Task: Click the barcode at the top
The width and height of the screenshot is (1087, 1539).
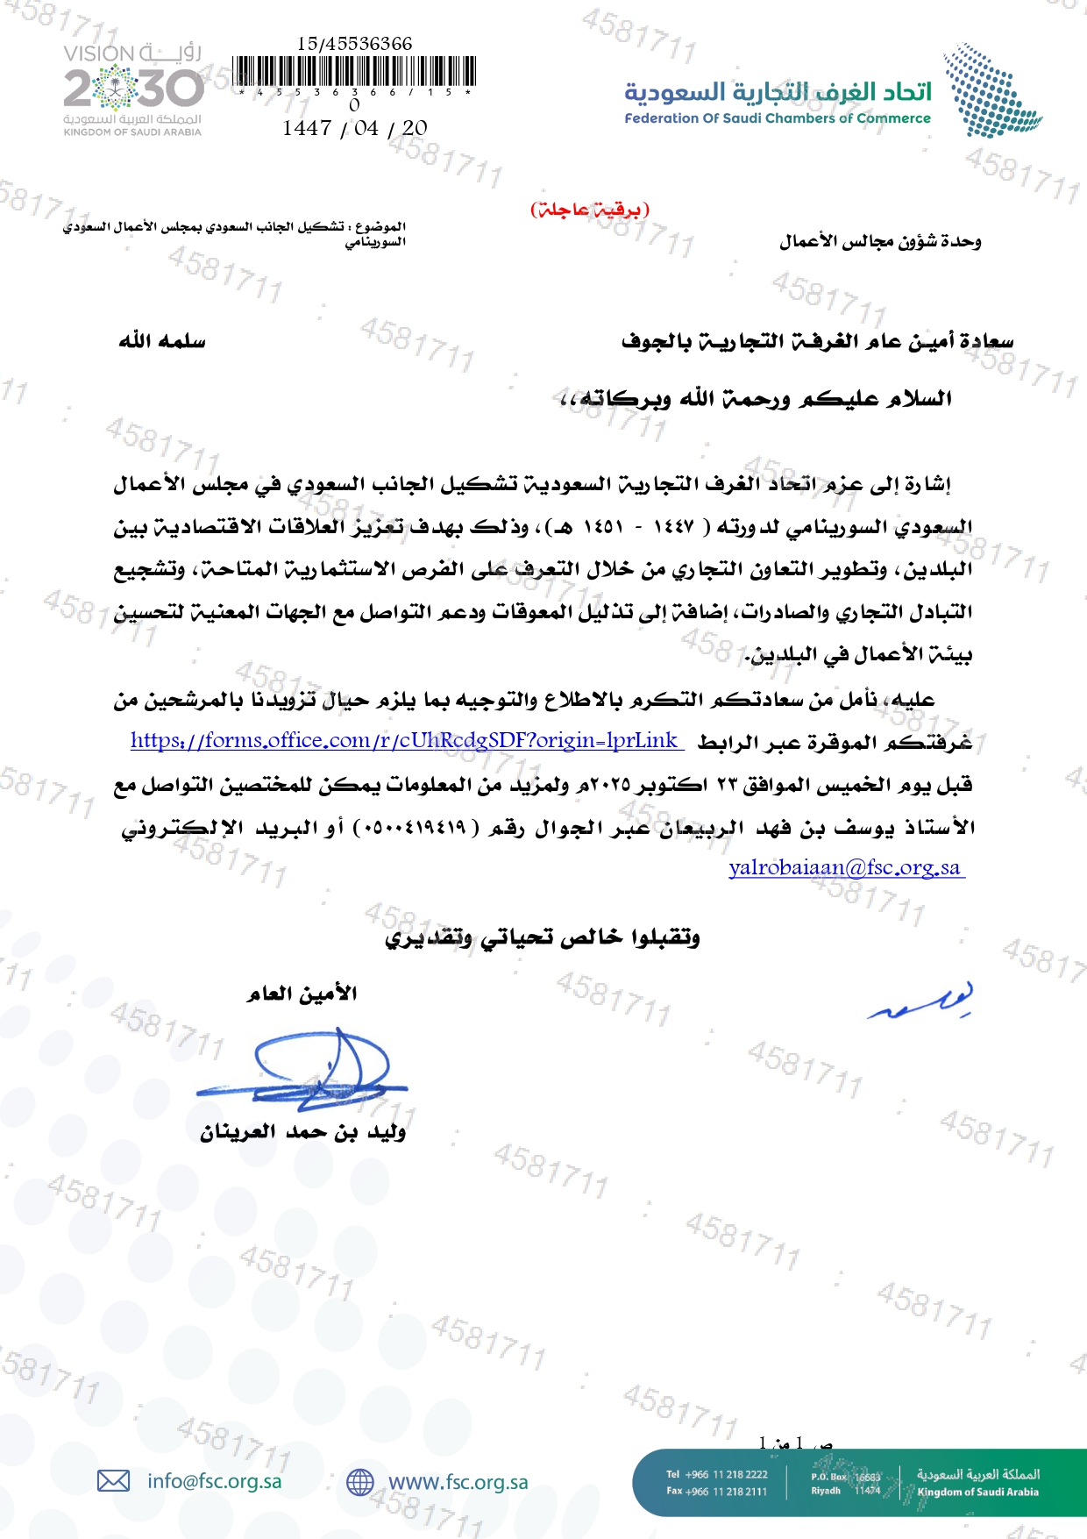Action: coord(355,71)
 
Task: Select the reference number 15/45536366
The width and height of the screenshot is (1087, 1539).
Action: coord(355,43)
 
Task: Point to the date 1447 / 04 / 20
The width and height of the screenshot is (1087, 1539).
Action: coord(355,128)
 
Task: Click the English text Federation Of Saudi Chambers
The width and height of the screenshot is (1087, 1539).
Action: coord(777,118)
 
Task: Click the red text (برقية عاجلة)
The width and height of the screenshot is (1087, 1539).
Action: coord(589,209)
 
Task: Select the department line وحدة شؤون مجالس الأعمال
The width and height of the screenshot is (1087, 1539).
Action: coord(880,241)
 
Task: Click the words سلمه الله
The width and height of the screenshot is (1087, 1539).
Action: coord(162,340)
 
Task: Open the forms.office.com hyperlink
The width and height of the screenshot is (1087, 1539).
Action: coord(405,740)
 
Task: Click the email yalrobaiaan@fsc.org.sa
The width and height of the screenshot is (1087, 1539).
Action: coord(845,867)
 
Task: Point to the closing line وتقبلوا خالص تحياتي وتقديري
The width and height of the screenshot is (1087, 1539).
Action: coord(543,937)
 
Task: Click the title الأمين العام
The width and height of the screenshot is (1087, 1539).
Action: coord(302,994)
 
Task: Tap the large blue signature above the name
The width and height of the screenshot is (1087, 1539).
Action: coord(307,1070)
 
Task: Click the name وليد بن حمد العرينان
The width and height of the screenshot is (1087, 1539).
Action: coord(302,1132)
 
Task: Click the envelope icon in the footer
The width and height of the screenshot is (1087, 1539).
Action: coord(113,1481)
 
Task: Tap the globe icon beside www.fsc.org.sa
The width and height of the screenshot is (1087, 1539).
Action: coord(360,1482)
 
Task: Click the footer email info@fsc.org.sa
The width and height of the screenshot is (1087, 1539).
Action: coord(215,1481)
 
